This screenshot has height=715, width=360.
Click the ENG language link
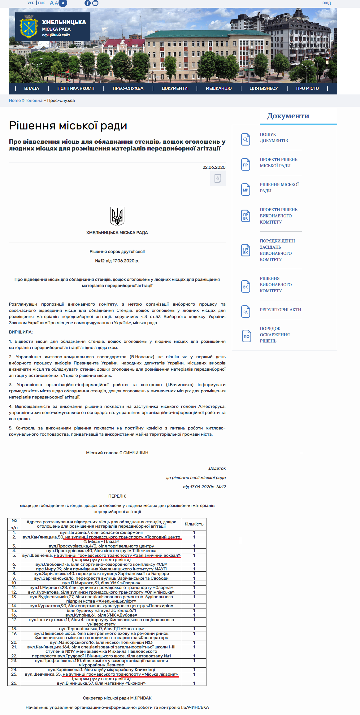[41, 3]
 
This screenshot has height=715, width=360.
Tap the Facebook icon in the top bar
[88, 3]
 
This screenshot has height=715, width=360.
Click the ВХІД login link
[326, 3]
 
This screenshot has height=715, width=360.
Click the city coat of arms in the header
[28, 27]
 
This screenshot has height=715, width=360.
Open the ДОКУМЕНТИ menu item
[175, 88]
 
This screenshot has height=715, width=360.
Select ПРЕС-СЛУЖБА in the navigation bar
[128, 88]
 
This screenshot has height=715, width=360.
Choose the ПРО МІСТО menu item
[307, 88]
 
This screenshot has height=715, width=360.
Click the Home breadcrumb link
[15, 100]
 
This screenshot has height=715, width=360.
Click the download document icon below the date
[218, 179]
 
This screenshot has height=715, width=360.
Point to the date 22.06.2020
[214, 167]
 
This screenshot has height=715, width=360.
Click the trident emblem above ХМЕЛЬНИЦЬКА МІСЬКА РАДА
[117, 216]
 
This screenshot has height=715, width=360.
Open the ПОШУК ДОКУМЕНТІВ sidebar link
[274, 137]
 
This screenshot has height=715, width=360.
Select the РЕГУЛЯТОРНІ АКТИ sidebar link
[280, 310]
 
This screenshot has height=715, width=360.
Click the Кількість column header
[194, 524]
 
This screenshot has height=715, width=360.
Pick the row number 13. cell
[14, 597]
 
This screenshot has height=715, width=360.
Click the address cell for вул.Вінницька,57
[101, 683]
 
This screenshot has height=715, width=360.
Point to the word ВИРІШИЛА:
[21, 332]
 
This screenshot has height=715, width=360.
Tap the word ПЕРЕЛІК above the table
[117, 496]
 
